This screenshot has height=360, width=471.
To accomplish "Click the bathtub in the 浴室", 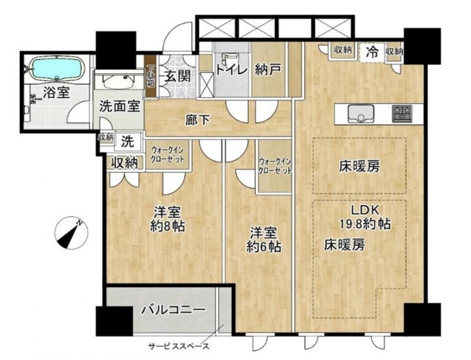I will [x=56, y=68].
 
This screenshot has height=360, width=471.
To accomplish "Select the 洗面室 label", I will [x=120, y=105].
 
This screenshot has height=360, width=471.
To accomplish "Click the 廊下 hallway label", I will [x=197, y=121].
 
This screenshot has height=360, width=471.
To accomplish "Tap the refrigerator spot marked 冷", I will [x=372, y=52].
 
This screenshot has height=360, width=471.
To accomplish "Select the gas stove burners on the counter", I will [x=402, y=112].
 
